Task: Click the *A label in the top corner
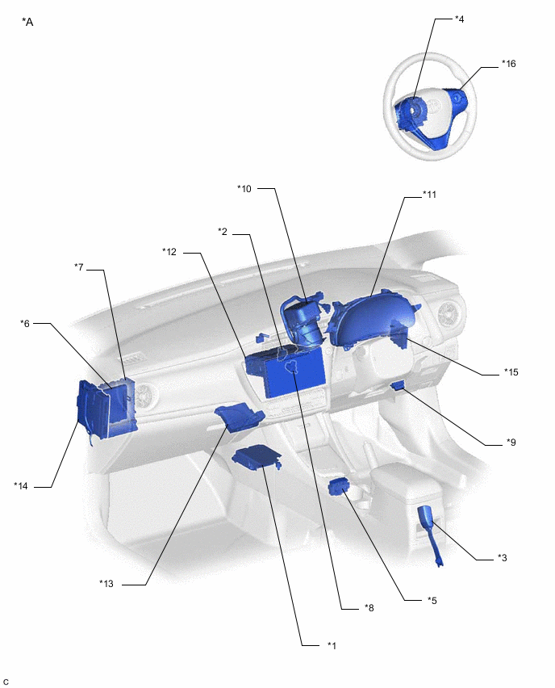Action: (x=27, y=22)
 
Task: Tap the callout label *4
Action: (x=459, y=19)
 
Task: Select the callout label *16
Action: (x=508, y=64)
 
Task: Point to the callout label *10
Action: (x=244, y=189)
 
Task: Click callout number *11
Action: (x=429, y=195)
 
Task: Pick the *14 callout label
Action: (x=21, y=486)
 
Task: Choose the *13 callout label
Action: (x=106, y=584)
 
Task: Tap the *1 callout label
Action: (x=332, y=645)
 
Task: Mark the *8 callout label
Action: (x=369, y=608)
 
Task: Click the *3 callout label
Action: (x=503, y=558)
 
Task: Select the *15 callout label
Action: (x=511, y=372)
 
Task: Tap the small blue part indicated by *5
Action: (x=337, y=487)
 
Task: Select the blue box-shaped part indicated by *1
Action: (x=257, y=457)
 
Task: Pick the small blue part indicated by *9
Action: (x=398, y=386)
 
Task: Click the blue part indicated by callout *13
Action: (x=238, y=417)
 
